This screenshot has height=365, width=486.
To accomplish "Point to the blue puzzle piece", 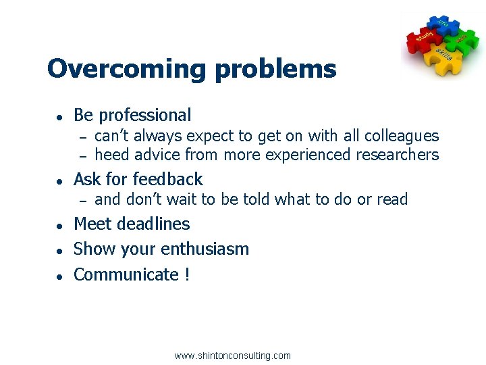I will pos(443,25).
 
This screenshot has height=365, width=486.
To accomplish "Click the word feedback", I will pos(169,179).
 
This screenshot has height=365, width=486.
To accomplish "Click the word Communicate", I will pos(126,274).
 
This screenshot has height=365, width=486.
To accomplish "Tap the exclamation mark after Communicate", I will pos(187,274).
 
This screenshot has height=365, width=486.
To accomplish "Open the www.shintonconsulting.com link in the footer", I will pos(232,356).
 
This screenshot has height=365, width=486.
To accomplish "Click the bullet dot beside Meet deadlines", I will pos(59,225).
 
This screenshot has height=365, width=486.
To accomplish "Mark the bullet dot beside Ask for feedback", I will pos(59,180).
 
